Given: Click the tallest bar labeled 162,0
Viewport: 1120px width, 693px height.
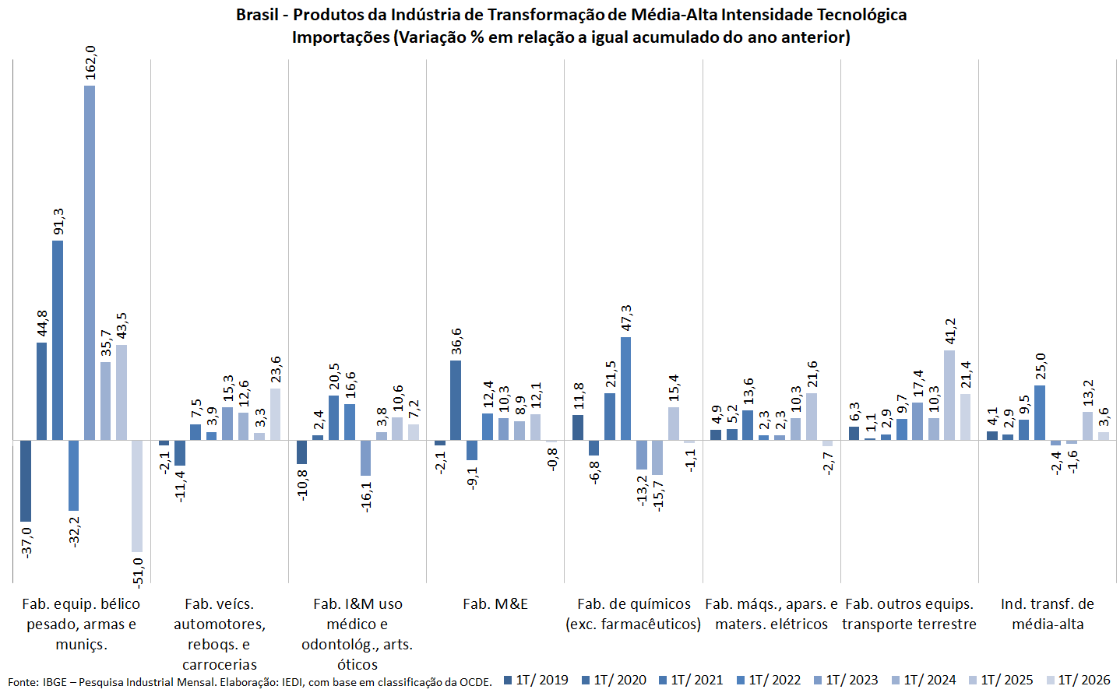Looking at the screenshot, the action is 90,263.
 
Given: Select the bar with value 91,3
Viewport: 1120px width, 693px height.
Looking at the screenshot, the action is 58,340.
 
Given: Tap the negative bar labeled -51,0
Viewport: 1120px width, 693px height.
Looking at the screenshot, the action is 137,496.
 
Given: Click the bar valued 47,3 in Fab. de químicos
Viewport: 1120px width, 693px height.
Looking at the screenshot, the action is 625,389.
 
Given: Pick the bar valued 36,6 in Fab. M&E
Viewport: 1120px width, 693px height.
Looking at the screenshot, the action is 456,400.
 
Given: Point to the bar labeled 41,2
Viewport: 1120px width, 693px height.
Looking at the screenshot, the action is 949,396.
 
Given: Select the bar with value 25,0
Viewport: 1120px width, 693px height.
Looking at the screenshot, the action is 1040,413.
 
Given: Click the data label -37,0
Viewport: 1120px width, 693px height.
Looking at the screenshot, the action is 26,543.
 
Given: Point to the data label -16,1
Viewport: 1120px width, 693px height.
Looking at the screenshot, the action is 366,497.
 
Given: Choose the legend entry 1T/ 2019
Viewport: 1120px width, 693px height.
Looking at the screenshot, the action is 536,680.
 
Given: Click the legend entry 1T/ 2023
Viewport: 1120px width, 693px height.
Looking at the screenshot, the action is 846,680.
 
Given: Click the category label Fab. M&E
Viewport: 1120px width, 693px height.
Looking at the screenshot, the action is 495,604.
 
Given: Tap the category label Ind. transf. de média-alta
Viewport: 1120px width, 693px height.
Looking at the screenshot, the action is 1048,614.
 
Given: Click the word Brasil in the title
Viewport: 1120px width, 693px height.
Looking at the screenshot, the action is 257,15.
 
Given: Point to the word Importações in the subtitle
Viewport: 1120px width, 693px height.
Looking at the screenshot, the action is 340,37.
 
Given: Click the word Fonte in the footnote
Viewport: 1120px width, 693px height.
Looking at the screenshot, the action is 22,682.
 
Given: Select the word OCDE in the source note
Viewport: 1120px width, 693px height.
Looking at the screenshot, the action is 477,682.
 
